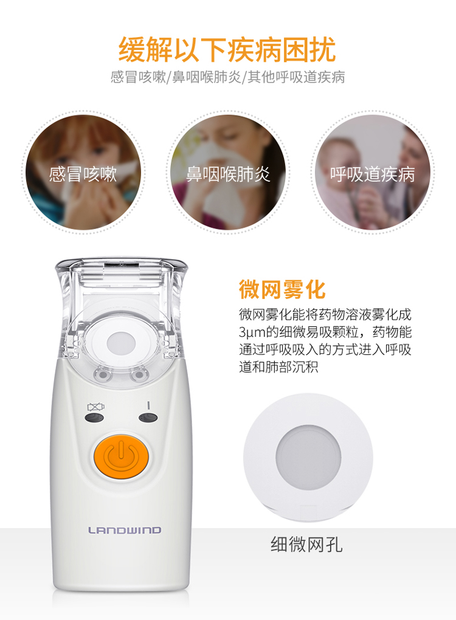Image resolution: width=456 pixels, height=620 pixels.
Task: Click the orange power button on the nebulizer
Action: click(121, 456)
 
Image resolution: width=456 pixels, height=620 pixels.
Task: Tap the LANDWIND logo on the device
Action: click(125, 530)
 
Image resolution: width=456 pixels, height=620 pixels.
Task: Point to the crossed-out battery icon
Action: click(95, 407)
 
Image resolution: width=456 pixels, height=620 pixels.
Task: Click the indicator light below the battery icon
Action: click(94, 418)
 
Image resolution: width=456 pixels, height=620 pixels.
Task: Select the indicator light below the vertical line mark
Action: click(148, 417)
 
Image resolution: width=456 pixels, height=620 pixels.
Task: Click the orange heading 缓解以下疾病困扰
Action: click(227, 49)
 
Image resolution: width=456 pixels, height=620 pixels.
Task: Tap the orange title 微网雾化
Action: click(282, 289)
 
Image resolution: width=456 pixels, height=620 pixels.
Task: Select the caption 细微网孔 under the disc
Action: click(306, 545)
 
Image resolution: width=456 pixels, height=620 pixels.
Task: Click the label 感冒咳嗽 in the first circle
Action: click(83, 174)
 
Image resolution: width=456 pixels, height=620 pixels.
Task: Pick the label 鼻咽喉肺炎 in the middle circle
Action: click(228, 174)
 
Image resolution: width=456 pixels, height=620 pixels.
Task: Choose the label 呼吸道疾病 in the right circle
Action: click(373, 174)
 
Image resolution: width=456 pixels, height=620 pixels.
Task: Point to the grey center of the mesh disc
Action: click(308, 458)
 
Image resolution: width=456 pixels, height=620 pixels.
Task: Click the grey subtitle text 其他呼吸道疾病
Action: click(296, 77)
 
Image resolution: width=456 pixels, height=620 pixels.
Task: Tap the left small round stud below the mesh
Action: click(102, 375)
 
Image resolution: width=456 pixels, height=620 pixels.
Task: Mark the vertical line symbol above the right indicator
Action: click(148, 405)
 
